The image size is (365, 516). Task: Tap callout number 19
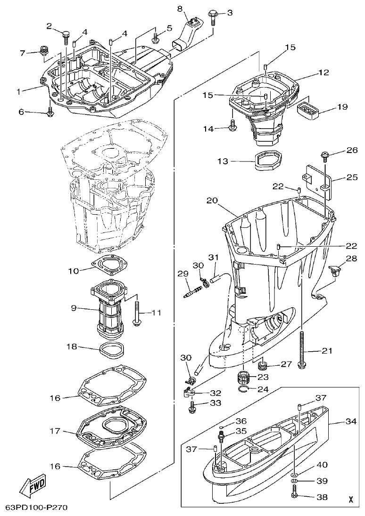pyautogui.click(x=342, y=107)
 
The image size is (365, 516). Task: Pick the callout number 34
pyautogui.click(x=350, y=422)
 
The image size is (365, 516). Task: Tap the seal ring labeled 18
pyautogui.click(x=111, y=350)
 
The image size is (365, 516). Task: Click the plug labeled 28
pyautogui.click(x=335, y=270)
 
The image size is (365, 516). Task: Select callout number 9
pyautogui.click(x=74, y=308)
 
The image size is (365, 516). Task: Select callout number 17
pyautogui.click(x=55, y=431)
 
